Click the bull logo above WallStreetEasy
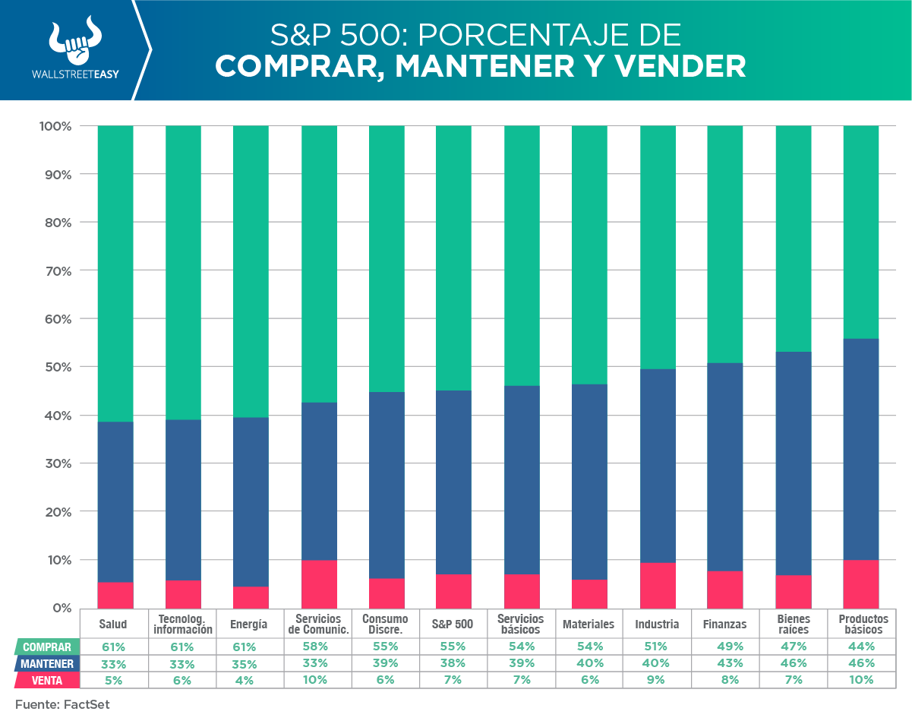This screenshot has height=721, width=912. coord(75,43)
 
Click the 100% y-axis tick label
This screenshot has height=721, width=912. coord(54,126)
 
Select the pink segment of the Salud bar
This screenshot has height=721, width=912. coord(115,595)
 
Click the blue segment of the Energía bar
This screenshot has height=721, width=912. coord(251,501)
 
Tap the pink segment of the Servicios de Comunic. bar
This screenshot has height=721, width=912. coord(320,584)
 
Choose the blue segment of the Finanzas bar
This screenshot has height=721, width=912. coord(725,466)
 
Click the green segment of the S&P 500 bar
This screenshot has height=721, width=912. coord(453,258)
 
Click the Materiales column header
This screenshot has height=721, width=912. coord(589,625)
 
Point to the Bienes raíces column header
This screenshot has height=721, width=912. coord(794,625)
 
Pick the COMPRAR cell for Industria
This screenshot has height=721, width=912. coord(657,647)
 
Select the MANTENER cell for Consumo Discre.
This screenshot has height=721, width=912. coord(385,663)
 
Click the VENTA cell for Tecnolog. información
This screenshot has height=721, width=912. coord(182,680)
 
